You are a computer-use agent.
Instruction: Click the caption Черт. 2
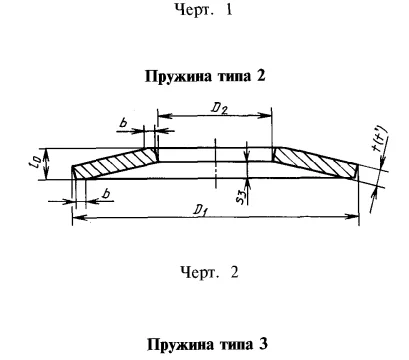[204, 270]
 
